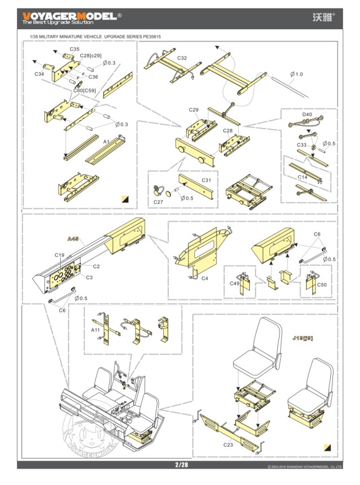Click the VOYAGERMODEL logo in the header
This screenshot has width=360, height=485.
point(70,16)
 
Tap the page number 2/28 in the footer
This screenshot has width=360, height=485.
point(181,465)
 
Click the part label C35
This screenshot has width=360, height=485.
point(75,49)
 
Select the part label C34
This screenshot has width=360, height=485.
point(39,74)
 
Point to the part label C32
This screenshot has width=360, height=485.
point(182,58)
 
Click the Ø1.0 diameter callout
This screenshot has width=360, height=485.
point(296,74)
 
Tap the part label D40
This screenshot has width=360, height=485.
point(307,114)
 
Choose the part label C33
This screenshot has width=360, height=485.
point(302,145)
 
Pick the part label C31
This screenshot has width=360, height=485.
point(206,180)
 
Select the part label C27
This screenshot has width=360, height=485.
point(159,202)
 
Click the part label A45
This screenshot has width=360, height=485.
point(73,239)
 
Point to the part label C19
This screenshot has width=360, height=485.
point(60,255)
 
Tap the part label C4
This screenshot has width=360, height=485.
point(205,278)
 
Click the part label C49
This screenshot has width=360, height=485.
point(235,284)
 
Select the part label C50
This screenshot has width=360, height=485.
point(322,285)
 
